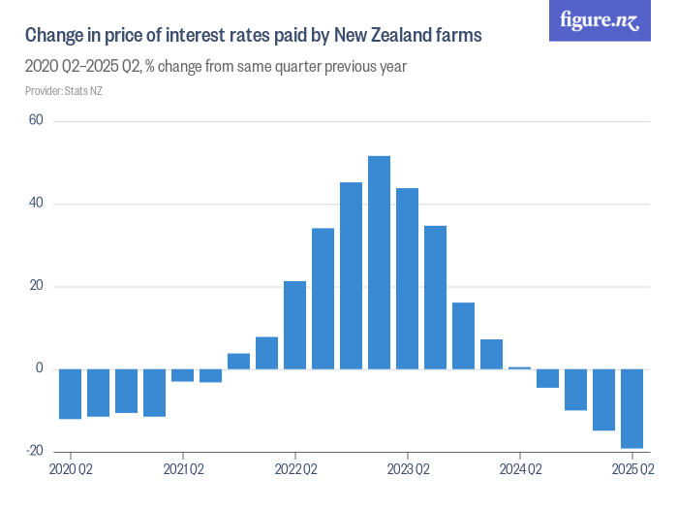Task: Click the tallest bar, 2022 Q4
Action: (x=379, y=262)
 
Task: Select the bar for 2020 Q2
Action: (x=70, y=394)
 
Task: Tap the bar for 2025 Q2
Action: (x=632, y=408)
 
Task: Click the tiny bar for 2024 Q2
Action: (x=519, y=368)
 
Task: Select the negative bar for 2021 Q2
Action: (x=182, y=375)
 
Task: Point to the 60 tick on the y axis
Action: (x=36, y=120)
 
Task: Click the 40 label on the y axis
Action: (x=36, y=204)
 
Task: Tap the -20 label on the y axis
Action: (x=35, y=451)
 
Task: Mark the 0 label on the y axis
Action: (x=39, y=368)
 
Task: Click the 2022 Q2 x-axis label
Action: (x=294, y=470)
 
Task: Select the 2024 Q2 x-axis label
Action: (x=519, y=470)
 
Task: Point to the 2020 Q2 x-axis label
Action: (x=71, y=470)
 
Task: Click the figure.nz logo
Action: (x=600, y=20)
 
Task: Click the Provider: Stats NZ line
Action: (x=61, y=91)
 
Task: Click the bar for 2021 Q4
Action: (x=238, y=361)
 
